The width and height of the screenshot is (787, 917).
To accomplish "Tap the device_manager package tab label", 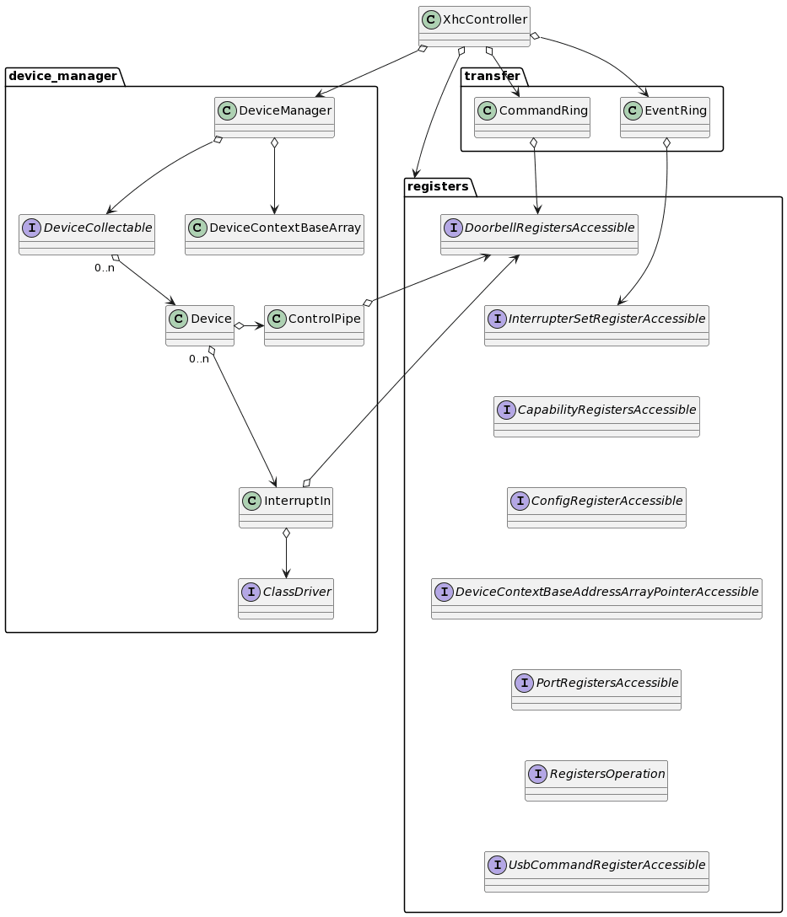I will (x=63, y=77).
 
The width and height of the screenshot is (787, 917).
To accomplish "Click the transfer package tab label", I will (x=492, y=77).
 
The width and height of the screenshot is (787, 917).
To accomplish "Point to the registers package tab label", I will (x=438, y=186).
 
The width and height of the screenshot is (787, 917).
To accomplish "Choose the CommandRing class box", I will (x=532, y=117).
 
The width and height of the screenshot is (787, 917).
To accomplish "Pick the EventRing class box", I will (x=665, y=117).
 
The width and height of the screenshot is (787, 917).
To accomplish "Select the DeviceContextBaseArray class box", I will (x=274, y=234).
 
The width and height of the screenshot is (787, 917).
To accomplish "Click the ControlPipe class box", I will (x=314, y=325).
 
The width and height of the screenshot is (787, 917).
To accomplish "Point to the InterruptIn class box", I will (x=286, y=507).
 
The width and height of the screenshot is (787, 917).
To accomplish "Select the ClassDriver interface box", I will (x=286, y=598).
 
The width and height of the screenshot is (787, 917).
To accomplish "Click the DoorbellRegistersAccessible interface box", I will (x=539, y=234).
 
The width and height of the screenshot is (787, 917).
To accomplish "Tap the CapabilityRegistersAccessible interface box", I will (x=596, y=416).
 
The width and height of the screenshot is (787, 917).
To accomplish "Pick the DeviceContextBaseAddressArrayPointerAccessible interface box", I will (x=596, y=598).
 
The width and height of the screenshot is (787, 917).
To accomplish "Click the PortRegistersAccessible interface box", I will (x=596, y=689).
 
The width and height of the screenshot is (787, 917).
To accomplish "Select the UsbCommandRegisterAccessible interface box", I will (x=596, y=871).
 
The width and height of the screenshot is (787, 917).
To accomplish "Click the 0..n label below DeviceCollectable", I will (x=105, y=268).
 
